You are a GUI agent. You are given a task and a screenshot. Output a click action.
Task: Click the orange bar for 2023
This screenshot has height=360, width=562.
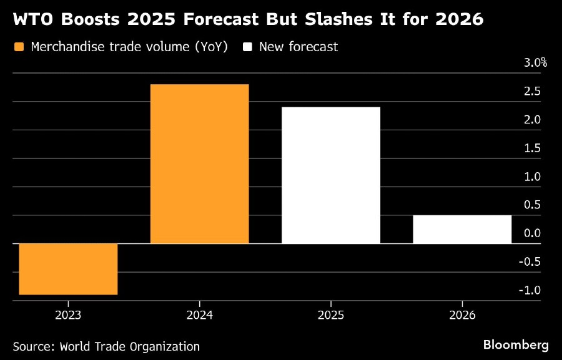[68, 269]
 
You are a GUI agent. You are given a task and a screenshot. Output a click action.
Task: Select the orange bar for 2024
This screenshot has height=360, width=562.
[199, 163]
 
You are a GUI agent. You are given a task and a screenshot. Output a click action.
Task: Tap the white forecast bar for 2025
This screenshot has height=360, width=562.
[330, 175]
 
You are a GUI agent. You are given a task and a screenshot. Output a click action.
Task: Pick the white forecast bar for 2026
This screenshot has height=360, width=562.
[462, 229]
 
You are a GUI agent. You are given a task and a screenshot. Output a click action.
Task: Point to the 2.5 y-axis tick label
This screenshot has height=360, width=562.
[532, 92]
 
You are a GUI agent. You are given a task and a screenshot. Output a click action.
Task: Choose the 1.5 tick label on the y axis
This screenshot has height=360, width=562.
[532, 148]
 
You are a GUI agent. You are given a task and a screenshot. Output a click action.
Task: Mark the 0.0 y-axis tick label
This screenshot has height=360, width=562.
[532, 233]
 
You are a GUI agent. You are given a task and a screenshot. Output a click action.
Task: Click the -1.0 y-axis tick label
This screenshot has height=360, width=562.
[530, 290]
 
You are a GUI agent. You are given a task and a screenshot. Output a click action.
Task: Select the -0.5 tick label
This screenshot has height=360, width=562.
[530, 261]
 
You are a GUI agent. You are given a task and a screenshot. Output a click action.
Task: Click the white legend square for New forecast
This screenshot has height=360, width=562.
[247, 47]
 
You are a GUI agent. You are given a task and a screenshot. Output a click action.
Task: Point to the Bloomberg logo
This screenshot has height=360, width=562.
[516, 344]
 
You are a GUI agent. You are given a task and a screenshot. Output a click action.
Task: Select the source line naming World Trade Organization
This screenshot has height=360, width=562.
[106, 346]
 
